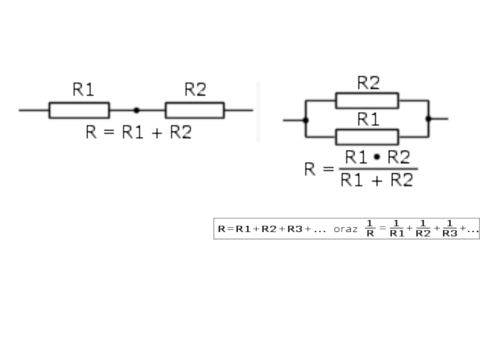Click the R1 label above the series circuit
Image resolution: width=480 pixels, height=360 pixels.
(84, 90)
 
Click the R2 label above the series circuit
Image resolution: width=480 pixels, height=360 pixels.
(196, 90)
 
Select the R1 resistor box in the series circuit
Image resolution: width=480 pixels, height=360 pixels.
(79, 110)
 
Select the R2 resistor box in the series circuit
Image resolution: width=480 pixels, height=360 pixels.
(195, 110)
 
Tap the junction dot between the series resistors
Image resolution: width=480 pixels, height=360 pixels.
(136, 110)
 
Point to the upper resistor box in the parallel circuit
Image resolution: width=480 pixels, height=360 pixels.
(367, 100)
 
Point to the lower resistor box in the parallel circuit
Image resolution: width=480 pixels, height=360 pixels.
(367, 137)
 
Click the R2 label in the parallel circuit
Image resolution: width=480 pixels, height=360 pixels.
(368, 83)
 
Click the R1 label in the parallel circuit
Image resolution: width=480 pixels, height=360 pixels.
(368, 120)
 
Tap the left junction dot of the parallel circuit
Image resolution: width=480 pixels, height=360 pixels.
(306, 119)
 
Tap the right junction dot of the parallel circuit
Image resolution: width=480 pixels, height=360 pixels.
(428, 119)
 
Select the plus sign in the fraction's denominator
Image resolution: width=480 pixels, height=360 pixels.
(377, 180)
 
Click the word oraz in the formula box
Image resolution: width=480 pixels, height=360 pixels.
(345, 229)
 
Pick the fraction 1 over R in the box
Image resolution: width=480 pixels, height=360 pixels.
(370, 228)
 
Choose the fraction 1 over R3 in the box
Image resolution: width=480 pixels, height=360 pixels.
(450, 228)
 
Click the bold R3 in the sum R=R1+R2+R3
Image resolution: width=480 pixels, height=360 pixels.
(295, 229)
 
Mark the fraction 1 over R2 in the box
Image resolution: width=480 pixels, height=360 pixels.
(423, 228)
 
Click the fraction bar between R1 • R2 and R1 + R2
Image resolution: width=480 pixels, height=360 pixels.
(379, 169)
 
